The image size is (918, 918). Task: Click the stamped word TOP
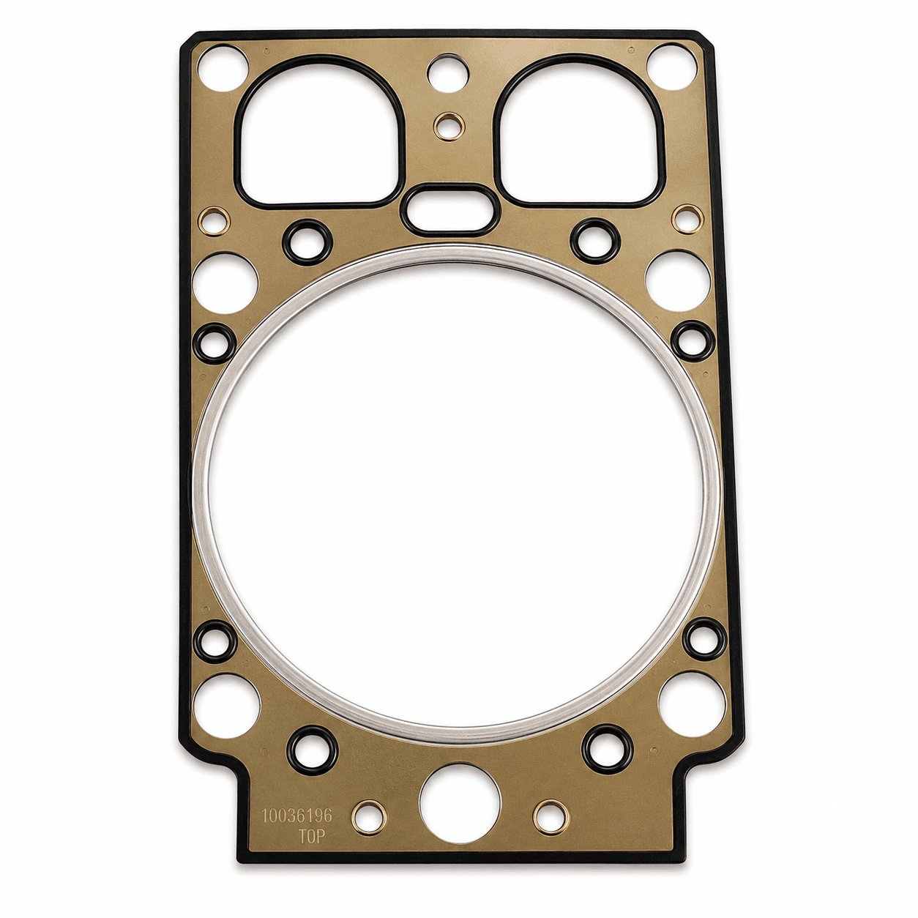pyautogui.click(x=312, y=837)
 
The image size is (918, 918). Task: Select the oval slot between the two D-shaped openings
pyautogui.click(x=449, y=210)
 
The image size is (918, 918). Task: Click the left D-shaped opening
pyautogui.click(x=319, y=133)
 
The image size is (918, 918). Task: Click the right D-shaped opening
pyautogui.click(x=578, y=131)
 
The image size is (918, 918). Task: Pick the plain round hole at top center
pyautogui.click(x=447, y=73)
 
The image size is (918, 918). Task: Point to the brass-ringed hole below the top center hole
pyautogui.click(x=449, y=126)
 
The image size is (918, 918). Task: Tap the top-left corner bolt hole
pyautogui.click(x=223, y=68)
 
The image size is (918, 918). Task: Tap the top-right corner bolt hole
pyautogui.click(x=672, y=67)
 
